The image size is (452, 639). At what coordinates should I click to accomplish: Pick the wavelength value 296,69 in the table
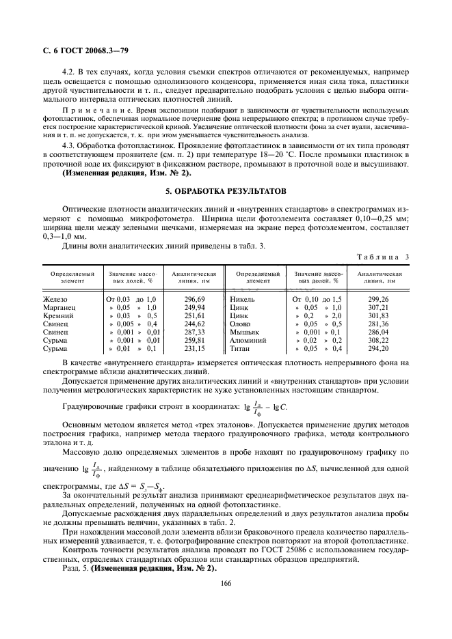click(x=194, y=299)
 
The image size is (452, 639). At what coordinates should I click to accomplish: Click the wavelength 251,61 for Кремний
click(x=194, y=317)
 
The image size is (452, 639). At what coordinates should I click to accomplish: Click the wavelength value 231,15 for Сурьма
click(x=194, y=347)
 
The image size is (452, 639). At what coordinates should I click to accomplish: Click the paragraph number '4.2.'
click(x=70, y=71)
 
